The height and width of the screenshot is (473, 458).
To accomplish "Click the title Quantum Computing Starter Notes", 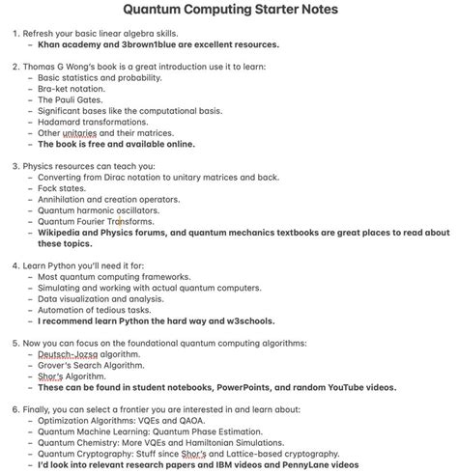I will point(229,11).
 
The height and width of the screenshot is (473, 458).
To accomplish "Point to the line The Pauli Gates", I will point(72,99).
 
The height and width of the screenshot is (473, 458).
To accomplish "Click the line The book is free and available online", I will point(116,145).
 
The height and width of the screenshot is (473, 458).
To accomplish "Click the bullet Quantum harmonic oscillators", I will point(99,210).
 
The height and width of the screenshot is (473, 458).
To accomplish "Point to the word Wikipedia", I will point(63,233).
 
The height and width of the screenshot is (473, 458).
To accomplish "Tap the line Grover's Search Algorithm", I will point(90,366).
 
